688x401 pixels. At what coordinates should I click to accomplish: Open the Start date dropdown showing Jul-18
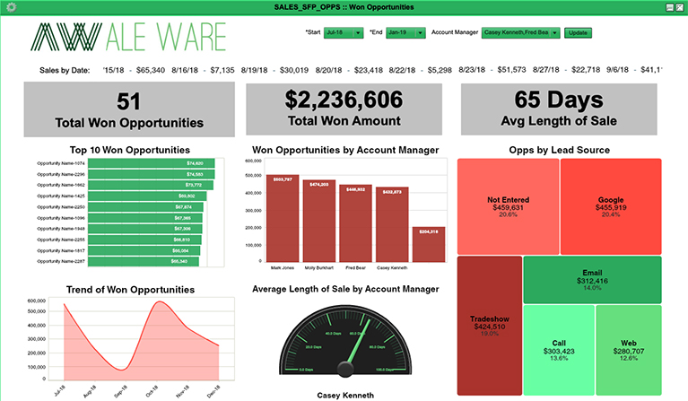tap(344, 32)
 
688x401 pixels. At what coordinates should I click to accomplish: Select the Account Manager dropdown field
tap(521, 32)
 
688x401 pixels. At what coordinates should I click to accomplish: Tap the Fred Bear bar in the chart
tap(354, 223)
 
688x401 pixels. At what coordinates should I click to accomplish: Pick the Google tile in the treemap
tap(611, 206)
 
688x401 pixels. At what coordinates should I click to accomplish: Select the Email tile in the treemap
tap(592, 279)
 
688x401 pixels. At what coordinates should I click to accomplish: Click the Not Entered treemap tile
tap(508, 206)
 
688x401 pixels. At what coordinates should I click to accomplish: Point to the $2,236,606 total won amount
tap(345, 100)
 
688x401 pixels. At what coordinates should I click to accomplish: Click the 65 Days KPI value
tap(560, 100)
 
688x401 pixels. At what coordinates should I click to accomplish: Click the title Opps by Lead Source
tap(559, 150)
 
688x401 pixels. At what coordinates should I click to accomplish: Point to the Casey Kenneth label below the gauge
tap(345, 395)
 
